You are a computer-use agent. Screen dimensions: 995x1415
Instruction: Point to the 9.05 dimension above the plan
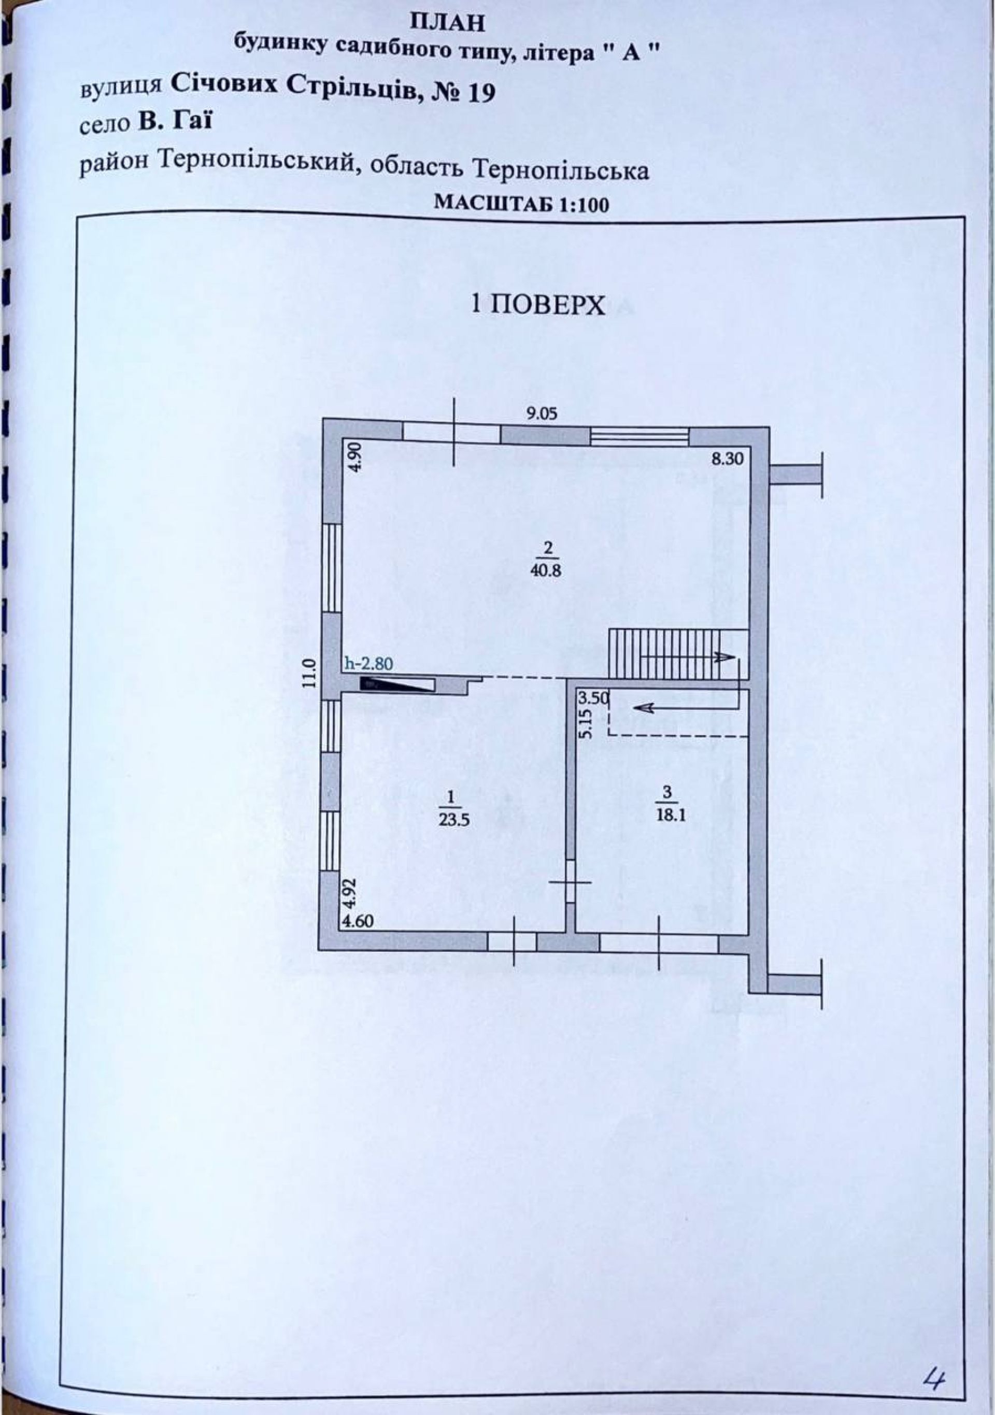click(x=541, y=413)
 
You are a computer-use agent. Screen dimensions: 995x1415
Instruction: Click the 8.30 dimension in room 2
click(x=729, y=458)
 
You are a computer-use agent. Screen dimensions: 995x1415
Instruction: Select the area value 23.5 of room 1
click(x=451, y=819)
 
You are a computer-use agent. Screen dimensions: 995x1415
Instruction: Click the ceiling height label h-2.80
click(x=368, y=664)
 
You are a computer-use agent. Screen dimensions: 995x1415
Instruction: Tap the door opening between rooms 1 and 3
click(x=570, y=882)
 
